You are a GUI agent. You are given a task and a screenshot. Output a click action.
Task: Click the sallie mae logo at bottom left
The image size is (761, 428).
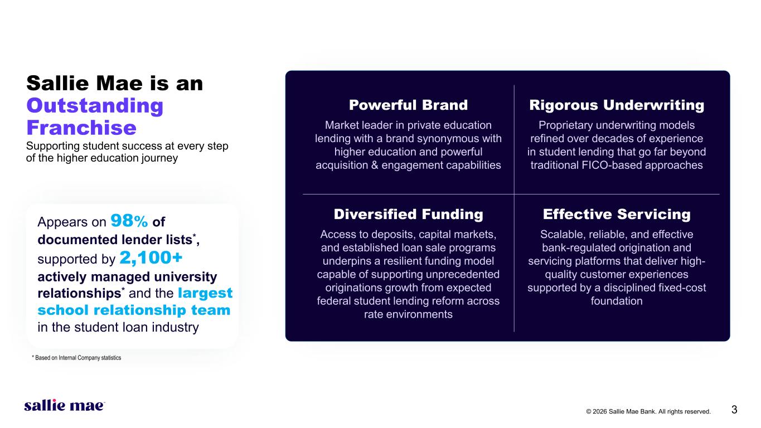pos(65,405)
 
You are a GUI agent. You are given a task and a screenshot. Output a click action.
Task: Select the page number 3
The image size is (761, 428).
pos(734,410)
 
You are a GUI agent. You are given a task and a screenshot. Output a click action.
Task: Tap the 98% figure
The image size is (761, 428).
pos(129,221)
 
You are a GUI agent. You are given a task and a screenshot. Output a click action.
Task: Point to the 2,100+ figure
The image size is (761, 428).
pos(151,257)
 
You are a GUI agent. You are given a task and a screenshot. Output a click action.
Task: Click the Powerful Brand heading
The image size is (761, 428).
pos(408,105)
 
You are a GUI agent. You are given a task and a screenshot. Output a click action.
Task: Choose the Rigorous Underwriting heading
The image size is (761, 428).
pos(617,105)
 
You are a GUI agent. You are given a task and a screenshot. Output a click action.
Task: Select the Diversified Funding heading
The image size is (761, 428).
pos(408,215)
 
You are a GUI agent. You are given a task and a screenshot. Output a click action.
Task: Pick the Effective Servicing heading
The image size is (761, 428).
pos(617,215)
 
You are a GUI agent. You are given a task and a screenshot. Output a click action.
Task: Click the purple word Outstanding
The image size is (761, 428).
pos(95,106)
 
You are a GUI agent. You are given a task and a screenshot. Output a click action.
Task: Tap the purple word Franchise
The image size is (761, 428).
pos(81,128)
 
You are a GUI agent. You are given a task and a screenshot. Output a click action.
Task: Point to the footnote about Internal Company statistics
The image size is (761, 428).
pos(76,358)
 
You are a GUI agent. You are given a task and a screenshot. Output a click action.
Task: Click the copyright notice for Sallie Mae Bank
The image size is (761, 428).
pos(648,411)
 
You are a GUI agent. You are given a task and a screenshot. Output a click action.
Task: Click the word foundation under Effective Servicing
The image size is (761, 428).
pos(617,301)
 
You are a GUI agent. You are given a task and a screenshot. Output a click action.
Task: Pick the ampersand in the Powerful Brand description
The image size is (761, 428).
pos(375,165)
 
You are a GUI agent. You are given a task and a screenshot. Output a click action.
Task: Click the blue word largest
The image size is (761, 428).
pos(205,293)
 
